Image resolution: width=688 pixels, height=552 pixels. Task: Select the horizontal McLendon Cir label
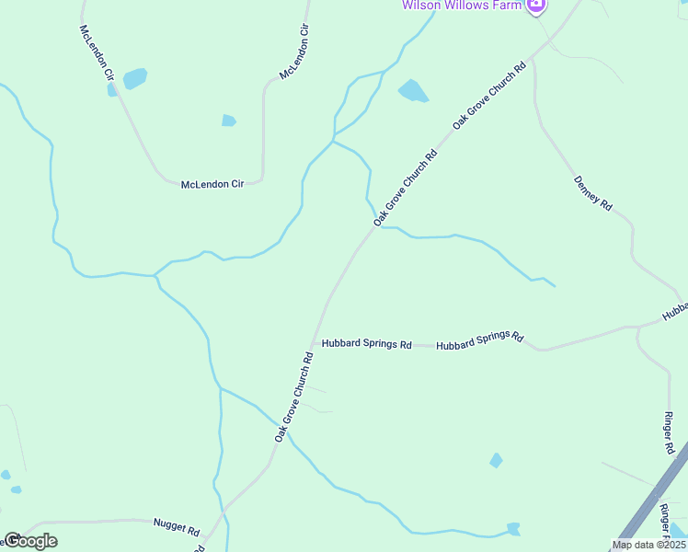(212, 184)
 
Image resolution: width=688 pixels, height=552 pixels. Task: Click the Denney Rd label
(593, 193)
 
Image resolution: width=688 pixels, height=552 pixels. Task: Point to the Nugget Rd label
(176, 527)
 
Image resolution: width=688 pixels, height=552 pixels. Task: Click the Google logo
(30, 541)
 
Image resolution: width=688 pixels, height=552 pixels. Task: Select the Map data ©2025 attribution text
(648, 545)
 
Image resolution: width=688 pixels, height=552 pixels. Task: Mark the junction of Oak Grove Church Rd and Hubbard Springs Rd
(315, 344)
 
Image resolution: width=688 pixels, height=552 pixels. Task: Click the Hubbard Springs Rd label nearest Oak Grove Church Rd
(366, 344)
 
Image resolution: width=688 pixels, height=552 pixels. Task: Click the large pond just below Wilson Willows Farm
(412, 90)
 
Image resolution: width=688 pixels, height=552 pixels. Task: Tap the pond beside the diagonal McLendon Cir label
(134, 78)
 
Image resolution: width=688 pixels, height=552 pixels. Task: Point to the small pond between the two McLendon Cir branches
(228, 120)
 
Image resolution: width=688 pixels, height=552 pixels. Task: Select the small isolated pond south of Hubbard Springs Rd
(497, 460)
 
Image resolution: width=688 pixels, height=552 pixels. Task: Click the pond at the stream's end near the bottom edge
(512, 529)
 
